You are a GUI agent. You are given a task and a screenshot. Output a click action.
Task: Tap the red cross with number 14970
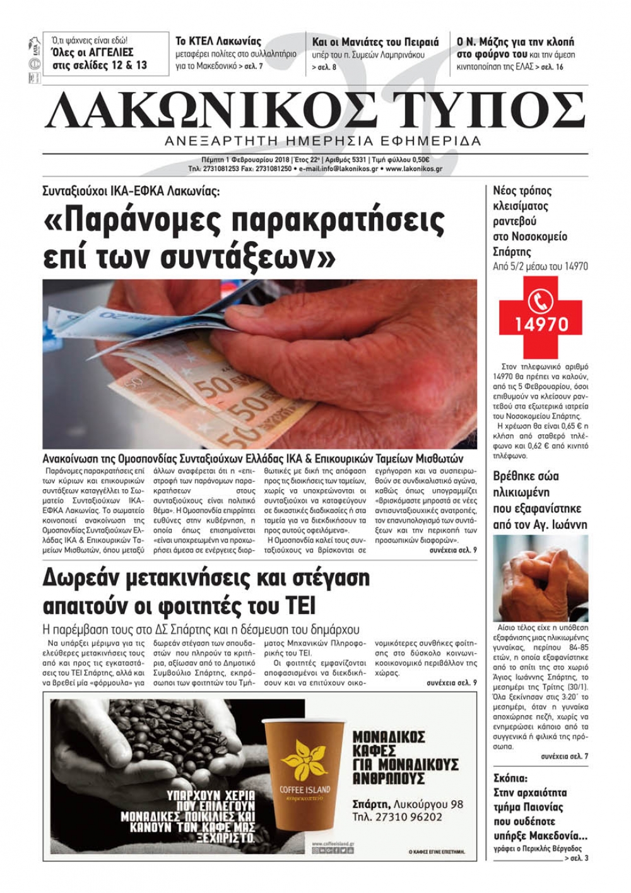(x=541, y=316)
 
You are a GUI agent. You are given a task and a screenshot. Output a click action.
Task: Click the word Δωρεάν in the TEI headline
(x=86, y=578)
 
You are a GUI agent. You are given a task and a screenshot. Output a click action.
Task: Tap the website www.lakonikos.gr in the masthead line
(x=413, y=169)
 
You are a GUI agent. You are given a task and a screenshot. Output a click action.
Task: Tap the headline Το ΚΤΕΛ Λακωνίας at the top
(x=218, y=42)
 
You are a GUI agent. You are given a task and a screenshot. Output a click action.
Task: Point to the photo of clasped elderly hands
(x=540, y=578)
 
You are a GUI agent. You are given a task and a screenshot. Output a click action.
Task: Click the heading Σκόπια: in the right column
(x=510, y=778)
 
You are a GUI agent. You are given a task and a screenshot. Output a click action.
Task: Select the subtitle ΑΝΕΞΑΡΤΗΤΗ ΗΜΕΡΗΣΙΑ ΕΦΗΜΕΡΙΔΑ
(x=322, y=140)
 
